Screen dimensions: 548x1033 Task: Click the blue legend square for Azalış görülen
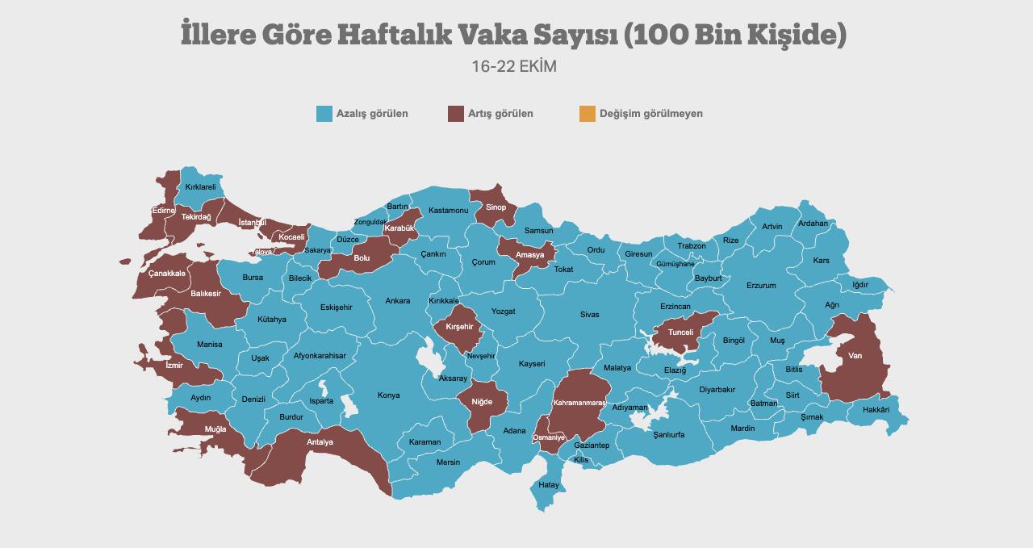324,114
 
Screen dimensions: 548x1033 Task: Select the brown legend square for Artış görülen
456,114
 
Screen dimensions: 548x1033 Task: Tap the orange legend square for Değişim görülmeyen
587,114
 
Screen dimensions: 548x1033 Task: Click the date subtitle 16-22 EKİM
514,66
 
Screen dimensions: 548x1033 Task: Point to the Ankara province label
397,301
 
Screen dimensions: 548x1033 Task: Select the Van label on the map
855,355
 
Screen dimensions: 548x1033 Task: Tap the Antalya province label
320,442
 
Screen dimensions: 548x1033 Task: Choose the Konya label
388,395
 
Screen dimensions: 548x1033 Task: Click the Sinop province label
496,207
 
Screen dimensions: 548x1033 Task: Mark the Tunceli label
680,333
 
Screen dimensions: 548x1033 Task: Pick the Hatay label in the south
549,485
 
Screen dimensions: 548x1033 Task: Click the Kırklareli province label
200,187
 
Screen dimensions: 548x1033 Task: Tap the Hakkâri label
876,410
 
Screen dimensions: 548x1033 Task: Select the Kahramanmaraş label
579,402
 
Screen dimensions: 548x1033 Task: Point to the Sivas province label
589,315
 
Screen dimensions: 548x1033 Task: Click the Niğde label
481,401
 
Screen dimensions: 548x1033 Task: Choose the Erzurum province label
761,286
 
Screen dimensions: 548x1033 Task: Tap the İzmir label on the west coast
174,366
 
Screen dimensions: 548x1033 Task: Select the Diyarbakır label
717,389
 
